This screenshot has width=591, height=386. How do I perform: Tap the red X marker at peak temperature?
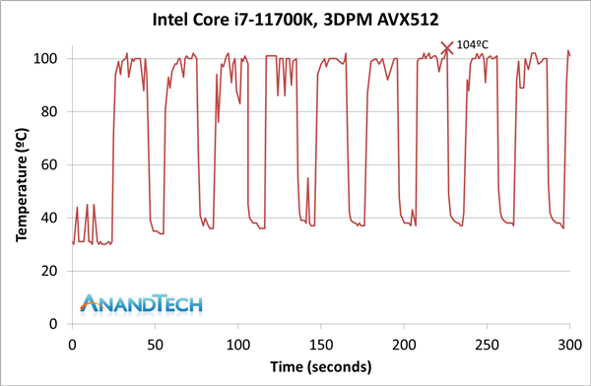pyautogui.click(x=447, y=46)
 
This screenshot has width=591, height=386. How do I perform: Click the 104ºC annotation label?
pyautogui.click(x=474, y=44)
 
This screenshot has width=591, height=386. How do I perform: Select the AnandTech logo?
pyautogui.click(x=140, y=303)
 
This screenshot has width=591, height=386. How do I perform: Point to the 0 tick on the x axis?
pyautogui.click(x=72, y=344)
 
